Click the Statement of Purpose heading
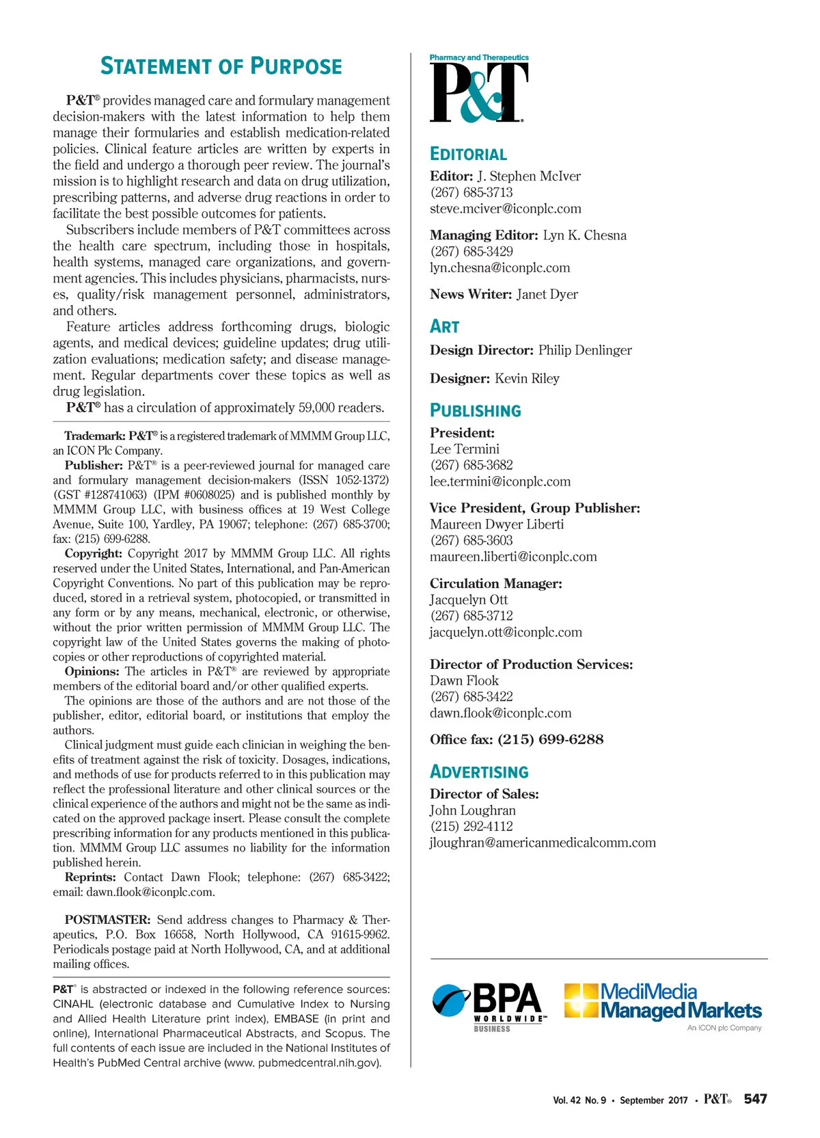[221, 66]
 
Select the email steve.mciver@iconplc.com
[505, 209]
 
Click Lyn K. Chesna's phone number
[471, 251]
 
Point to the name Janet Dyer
[547, 294]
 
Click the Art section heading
[444, 326]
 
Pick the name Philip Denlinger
[585, 350]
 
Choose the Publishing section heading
[475, 410]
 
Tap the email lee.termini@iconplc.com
[500, 481]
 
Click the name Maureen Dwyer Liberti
[497, 524]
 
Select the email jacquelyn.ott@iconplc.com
[506, 632]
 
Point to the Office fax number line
[517, 739]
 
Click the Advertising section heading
[479, 772]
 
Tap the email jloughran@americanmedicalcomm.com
[543, 843]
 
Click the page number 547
[755, 1098]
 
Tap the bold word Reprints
[90, 877]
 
